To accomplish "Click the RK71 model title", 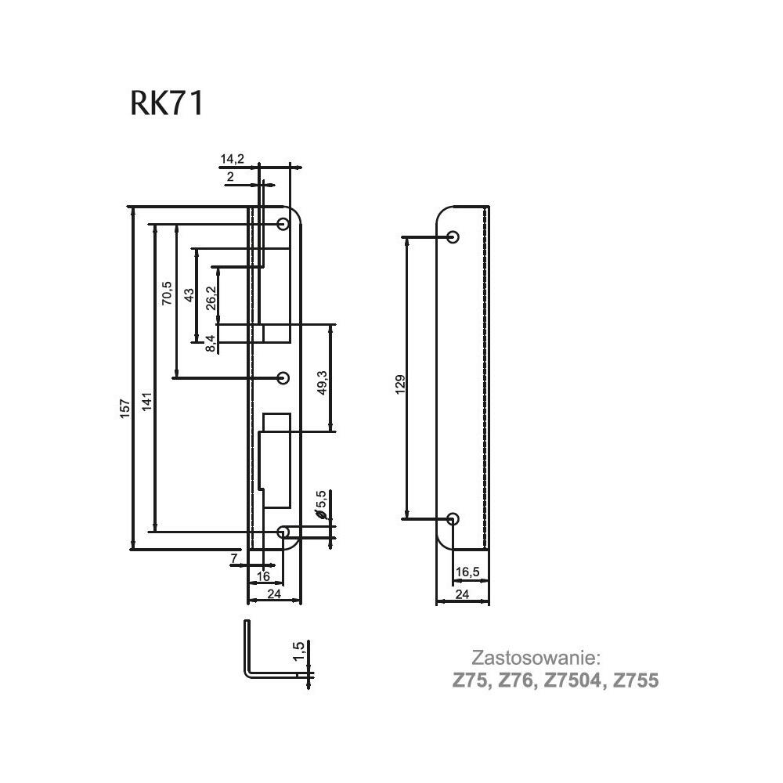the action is [167, 103].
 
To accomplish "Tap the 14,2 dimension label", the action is [233, 159].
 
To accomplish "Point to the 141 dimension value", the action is [147, 402].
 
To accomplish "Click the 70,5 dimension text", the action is [167, 293].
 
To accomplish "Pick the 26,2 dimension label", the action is [211, 298].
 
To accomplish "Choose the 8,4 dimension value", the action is [211, 344].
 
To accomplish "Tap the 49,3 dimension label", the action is [322, 383].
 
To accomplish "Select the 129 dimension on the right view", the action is [400, 384].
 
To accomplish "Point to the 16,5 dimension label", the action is [467, 572].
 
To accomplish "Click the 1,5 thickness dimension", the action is [298, 651].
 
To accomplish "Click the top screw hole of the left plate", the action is [283, 224].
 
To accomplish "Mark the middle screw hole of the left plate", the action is [283, 378].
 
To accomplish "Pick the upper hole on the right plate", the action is [453, 236].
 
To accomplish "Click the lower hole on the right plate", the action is [453, 518].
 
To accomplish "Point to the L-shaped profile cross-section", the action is [247, 649].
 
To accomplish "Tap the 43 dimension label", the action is [189, 295].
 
